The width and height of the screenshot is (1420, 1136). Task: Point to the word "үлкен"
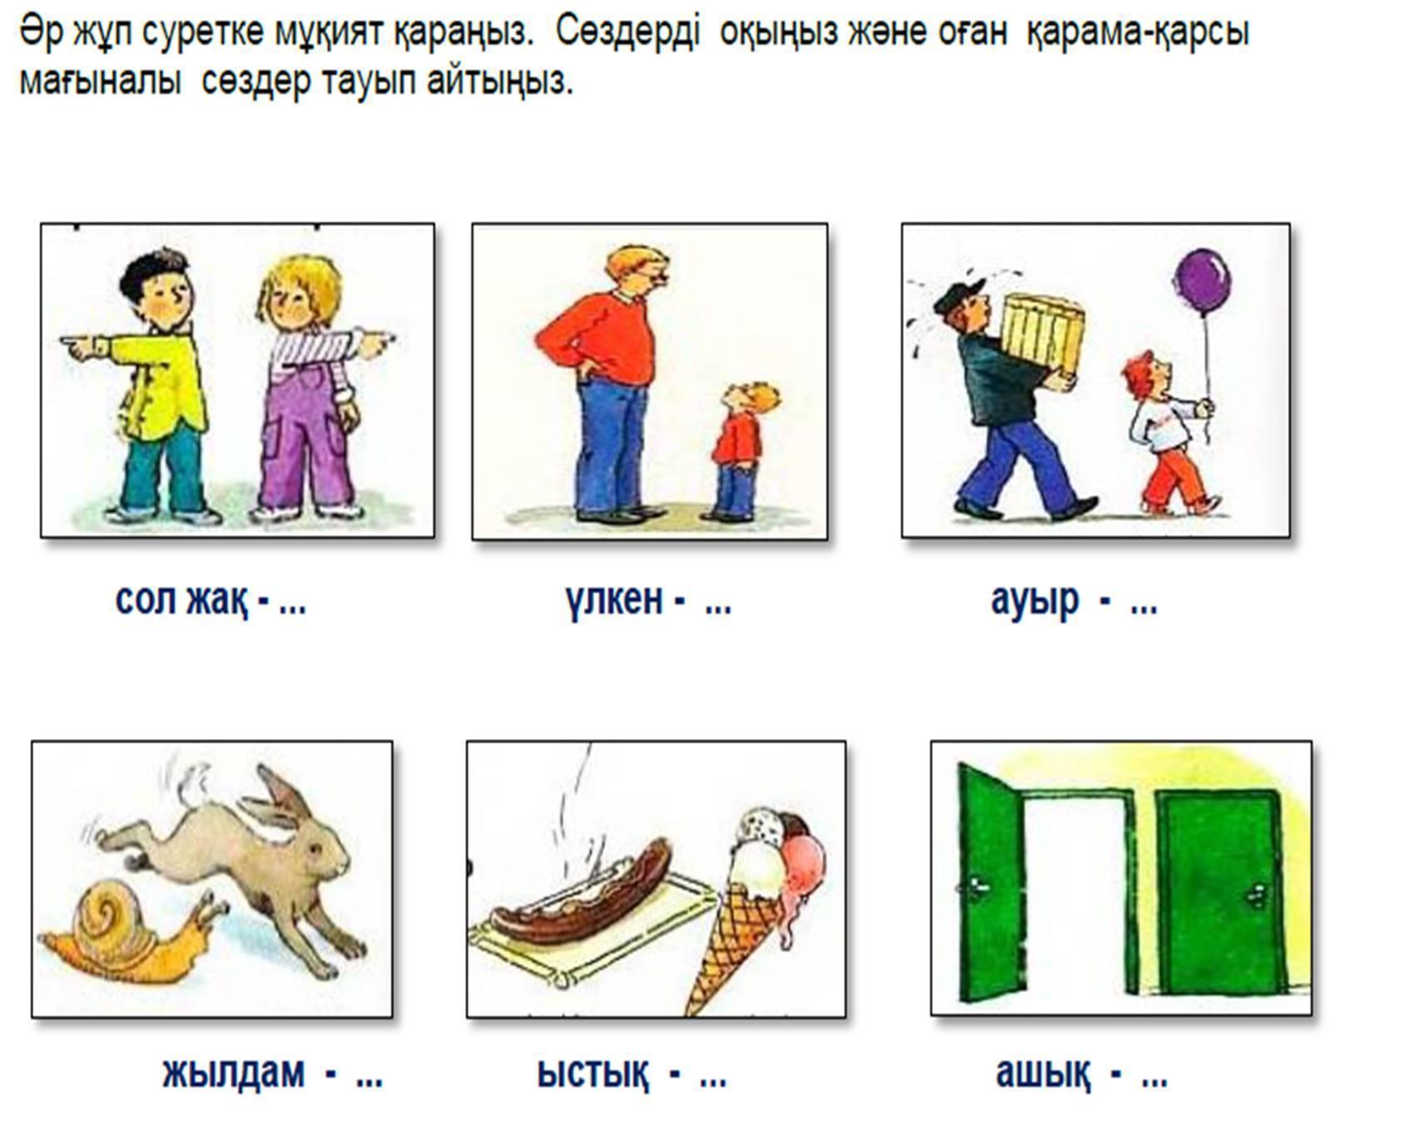tap(613, 598)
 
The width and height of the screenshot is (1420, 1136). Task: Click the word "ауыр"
tap(1035, 600)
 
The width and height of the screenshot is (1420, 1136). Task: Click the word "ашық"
tap(1042, 1074)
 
